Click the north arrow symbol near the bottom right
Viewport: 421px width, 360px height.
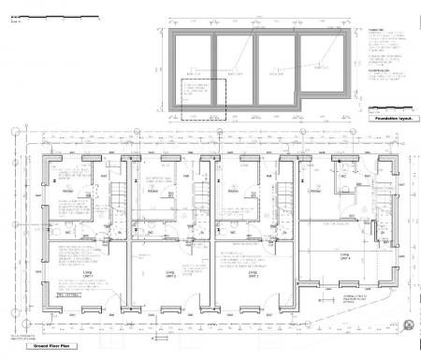[x=409, y=322]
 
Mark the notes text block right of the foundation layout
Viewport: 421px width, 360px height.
[x=385, y=65]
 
